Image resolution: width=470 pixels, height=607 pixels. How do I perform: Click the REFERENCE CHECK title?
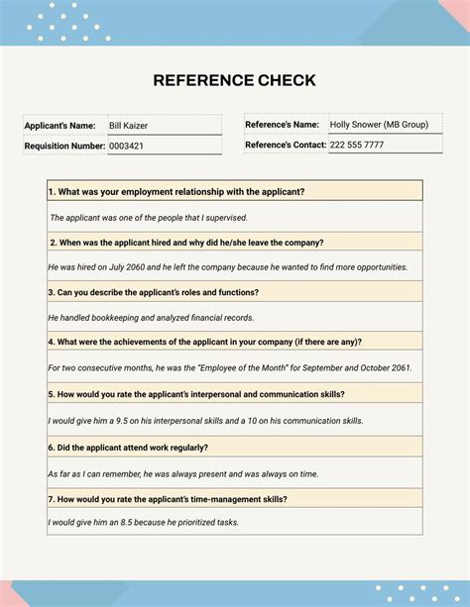[x=235, y=80]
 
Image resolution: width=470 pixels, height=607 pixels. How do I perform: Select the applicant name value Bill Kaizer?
[x=129, y=126]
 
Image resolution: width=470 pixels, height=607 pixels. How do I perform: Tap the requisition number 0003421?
[x=126, y=146]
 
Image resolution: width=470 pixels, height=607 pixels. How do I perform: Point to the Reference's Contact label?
[x=286, y=145]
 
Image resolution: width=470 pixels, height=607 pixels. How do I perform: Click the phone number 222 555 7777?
[x=357, y=145]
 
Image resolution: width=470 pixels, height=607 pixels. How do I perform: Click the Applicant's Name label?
[x=59, y=126]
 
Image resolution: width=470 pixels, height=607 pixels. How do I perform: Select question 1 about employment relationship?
[x=176, y=191]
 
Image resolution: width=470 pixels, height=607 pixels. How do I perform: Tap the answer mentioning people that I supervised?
[x=149, y=217]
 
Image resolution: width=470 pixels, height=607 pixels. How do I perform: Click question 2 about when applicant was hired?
[x=186, y=242]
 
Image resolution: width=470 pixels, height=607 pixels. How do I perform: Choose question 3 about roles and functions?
[x=153, y=292]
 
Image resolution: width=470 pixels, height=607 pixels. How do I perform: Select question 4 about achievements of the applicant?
[x=204, y=342]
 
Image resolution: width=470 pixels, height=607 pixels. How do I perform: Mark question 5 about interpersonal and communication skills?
[x=196, y=393]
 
